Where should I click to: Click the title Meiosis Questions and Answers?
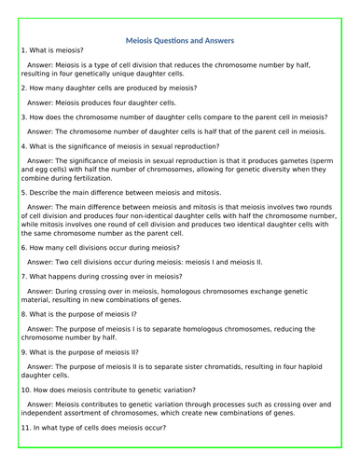pyautogui.click(x=179, y=40)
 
